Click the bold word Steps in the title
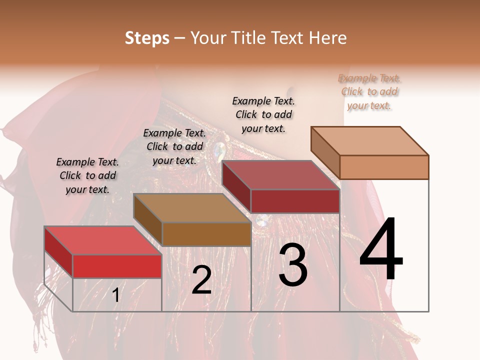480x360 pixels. (147, 38)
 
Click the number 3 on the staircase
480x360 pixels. (292, 265)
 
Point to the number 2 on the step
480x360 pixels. (201, 280)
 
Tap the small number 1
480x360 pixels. (115, 295)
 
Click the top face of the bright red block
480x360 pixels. (102, 240)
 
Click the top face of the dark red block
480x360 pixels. (280, 175)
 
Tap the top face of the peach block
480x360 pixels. (369, 141)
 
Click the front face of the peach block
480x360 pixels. (384, 167)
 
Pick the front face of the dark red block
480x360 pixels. (295, 201)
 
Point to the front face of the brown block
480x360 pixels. (206, 234)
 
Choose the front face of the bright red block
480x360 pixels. (117, 266)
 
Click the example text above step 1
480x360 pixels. (87, 175)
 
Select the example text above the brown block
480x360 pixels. (174, 146)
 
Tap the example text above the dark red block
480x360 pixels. (263, 114)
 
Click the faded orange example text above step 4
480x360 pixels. (369, 91)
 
